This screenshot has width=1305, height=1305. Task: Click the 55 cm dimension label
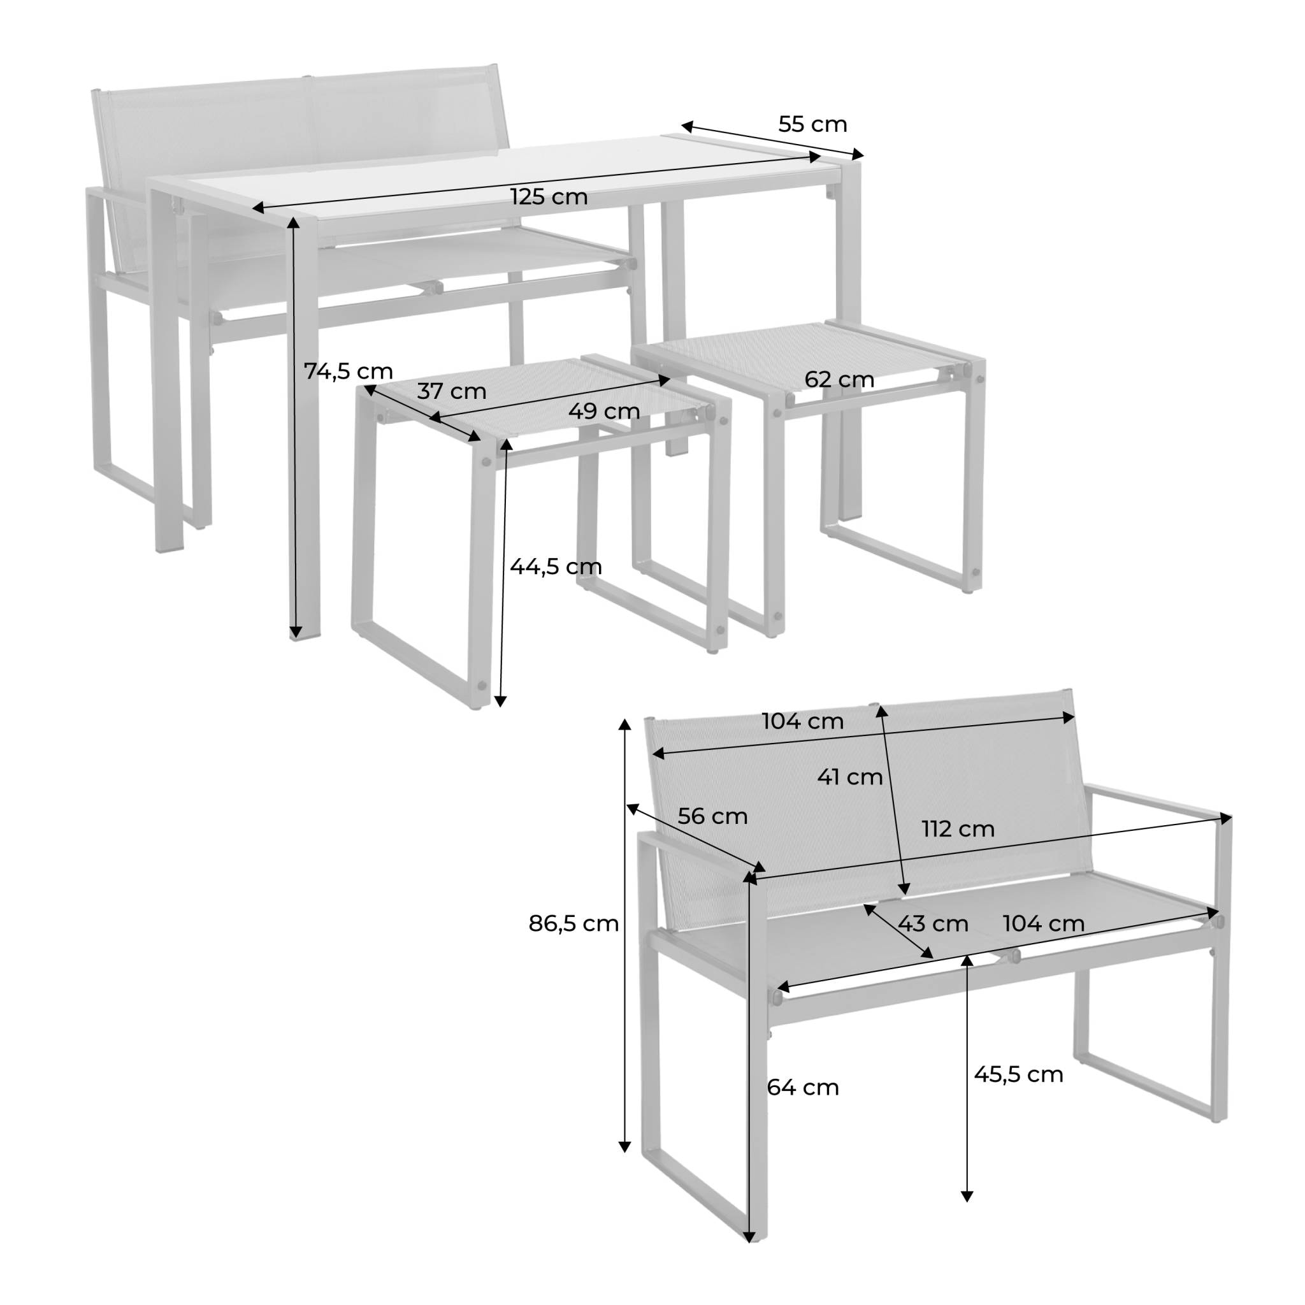click(812, 124)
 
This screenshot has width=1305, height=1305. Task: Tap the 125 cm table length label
click(549, 198)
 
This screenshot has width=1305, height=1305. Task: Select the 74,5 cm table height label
click(348, 371)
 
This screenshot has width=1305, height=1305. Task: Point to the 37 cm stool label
click(451, 391)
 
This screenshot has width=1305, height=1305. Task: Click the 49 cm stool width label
click(604, 411)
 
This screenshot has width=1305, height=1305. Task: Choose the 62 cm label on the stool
click(839, 380)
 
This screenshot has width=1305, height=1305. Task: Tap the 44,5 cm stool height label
click(555, 566)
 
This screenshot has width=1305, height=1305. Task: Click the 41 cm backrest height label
click(850, 777)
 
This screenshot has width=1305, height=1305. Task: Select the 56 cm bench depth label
click(712, 816)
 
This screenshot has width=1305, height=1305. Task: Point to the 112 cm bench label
click(958, 829)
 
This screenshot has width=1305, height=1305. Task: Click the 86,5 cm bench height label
click(573, 923)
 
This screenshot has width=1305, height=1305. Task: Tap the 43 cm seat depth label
click(933, 923)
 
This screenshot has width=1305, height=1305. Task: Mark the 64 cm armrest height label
click(802, 1087)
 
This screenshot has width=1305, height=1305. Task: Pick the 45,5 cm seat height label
click(1018, 1074)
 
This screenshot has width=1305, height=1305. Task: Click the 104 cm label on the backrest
click(802, 721)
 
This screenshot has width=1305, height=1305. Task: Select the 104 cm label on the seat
click(1044, 923)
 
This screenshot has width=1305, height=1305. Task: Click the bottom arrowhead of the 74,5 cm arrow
click(295, 633)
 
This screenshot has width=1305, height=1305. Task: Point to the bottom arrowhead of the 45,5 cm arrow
click(967, 1216)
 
